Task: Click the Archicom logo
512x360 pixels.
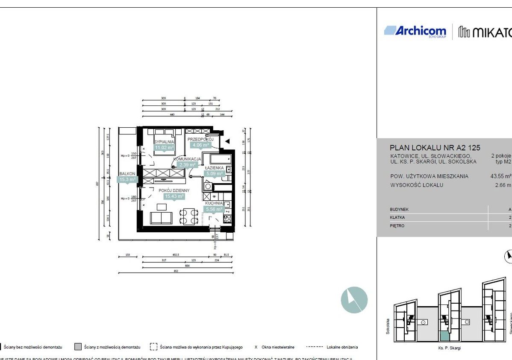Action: click(x=415, y=31)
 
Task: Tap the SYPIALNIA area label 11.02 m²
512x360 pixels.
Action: click(x=164, y=148)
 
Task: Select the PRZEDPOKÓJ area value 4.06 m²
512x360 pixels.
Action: click(x=199, y=145)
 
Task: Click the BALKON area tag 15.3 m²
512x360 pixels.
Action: click(x=127, y=180)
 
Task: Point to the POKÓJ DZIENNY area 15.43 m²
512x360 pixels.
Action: click(x=174, y=196)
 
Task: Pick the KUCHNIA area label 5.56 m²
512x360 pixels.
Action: click(x=214, y=209)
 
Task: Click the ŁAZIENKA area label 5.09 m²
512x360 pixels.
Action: click(x=214, y=174)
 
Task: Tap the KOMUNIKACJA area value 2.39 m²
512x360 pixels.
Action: click(x=187, y=164)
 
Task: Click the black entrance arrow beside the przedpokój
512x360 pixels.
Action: click(x=228, y=141)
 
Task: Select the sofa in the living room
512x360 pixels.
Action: click(x=162, y=219)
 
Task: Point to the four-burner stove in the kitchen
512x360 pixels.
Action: click(x=227, y=218)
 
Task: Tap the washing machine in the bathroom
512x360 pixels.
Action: click(x=208, y=186)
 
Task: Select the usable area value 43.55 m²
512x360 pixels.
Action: click(x=501, y=176)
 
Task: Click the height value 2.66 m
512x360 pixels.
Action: click(x=503, y=185)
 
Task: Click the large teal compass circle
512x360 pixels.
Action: click(x=354, y=300)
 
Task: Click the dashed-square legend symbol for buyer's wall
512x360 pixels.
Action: click(x=153, y=347)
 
